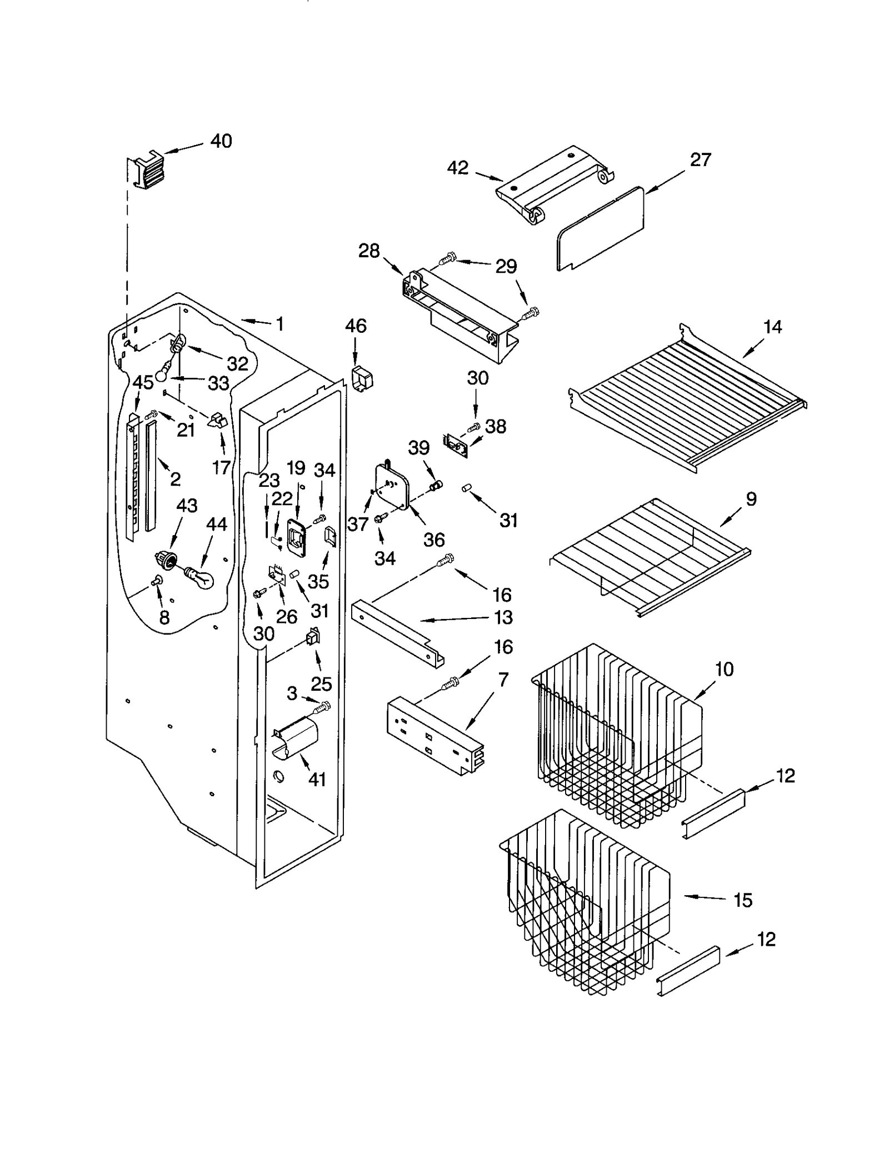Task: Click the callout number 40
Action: tap(221, 141)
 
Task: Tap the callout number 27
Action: tap(700, 160)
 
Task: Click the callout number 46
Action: tap(356, 326)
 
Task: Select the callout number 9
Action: tap(751, 499)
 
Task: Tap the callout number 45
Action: tap(143, 382)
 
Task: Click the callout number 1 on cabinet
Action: tap(280, 324)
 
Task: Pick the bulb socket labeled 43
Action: tap(164, 559)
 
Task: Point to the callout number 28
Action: tap(368, 251)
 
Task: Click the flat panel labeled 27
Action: tap(600, 229)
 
